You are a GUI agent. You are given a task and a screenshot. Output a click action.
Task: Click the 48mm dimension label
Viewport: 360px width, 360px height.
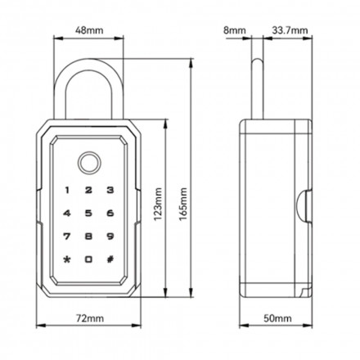click(89, 30)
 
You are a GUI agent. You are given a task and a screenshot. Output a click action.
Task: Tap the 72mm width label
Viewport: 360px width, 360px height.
click(90, 318)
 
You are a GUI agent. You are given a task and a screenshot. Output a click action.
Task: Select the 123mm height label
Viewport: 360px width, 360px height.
click(158, 204)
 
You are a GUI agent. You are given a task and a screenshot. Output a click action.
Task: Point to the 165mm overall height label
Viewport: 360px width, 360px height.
click(183, 204)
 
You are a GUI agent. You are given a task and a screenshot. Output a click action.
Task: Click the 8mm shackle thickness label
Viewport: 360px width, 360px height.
click(235, 30)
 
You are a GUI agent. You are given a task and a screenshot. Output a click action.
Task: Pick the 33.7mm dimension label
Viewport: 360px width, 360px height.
click(290, 30)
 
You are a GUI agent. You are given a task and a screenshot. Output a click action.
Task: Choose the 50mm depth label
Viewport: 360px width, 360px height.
click(277, 318)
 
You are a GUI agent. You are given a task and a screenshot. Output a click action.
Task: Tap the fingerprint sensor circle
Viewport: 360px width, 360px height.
click(88, 163)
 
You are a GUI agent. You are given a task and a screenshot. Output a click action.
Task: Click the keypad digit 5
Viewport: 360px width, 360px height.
click(88, 213)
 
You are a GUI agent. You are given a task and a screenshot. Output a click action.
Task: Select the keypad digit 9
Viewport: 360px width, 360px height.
click(110, 236)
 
